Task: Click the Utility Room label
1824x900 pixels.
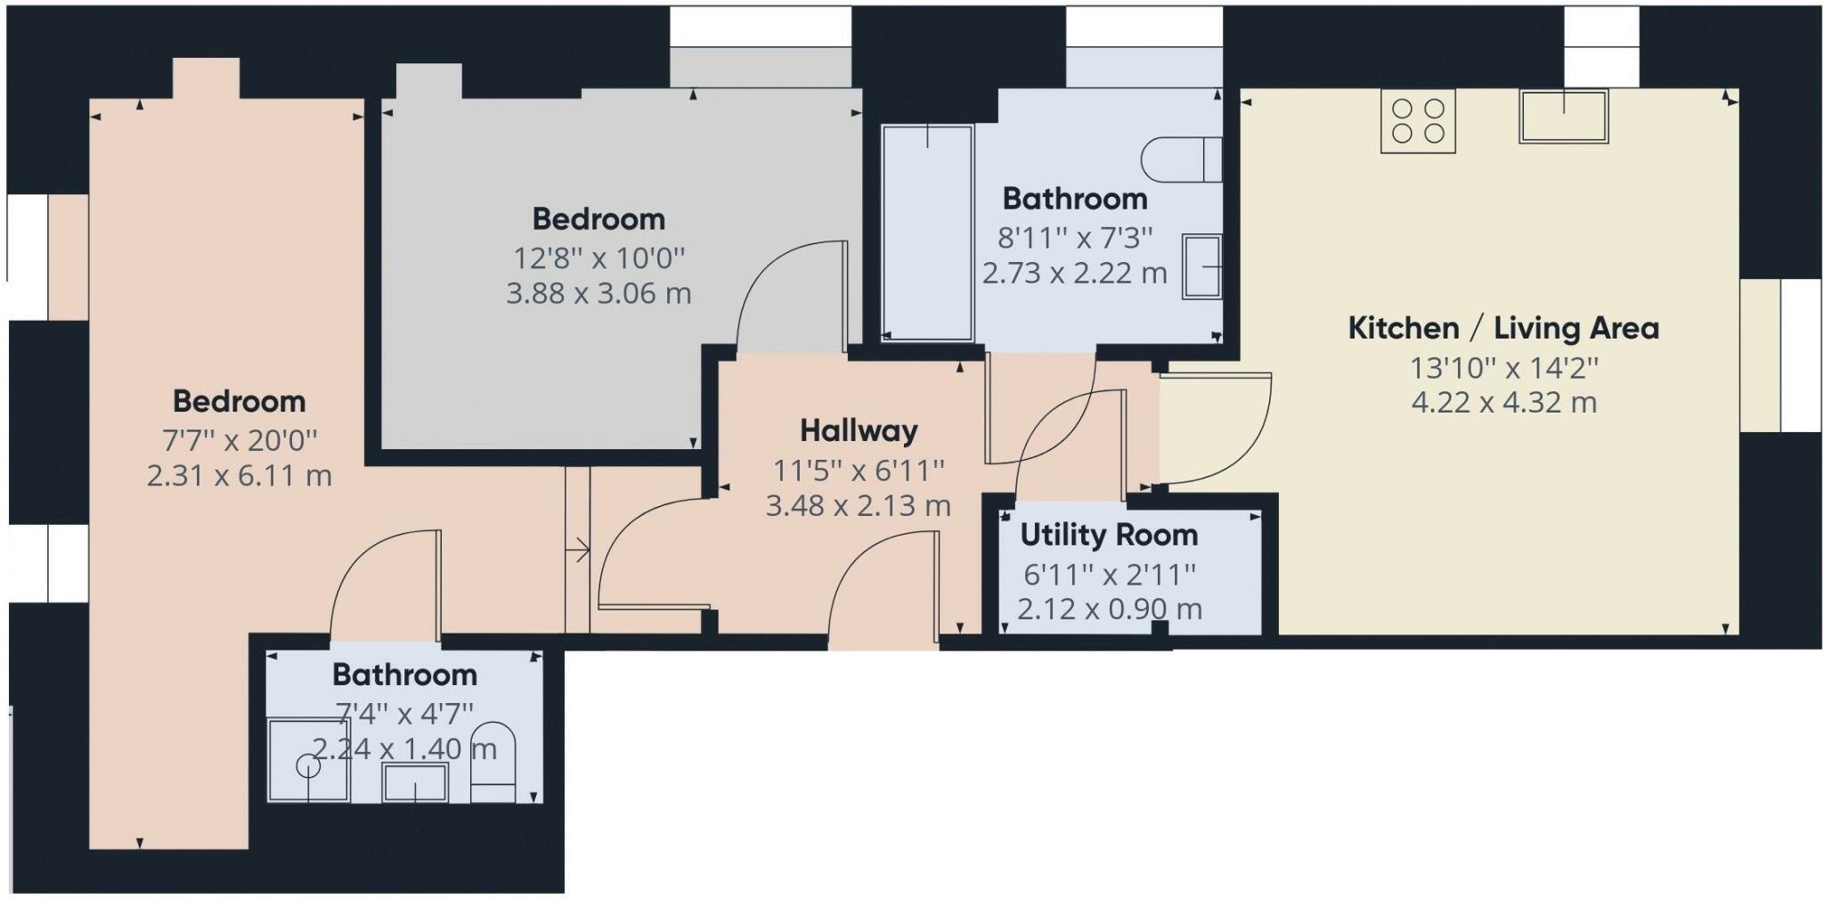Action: pyautogui.click(x=1109, y=536)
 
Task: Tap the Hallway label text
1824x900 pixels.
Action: pyautogui.click(x=859, y=431)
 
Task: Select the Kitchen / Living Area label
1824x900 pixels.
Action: pyautogui.click(x=1503, y=329)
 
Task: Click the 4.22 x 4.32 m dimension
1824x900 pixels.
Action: pyautogui.click(x=1503, y=403)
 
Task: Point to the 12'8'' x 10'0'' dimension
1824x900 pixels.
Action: pyautogui.click(x=598, y=258)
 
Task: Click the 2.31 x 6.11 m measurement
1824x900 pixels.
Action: pyautogui.click(x=239, y=476)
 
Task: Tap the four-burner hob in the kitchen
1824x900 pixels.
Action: pyautogui.click(x=1418, y=121)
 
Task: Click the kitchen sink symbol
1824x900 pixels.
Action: pyautogui.click(x=1563, y=117)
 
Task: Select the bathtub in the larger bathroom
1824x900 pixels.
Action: pyautogui.click(x=927, y=233)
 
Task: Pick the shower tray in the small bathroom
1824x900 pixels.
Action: pyautogui.click(x=308, y=760)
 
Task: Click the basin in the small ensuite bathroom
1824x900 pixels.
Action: pyautogui.click(x=414, y=782)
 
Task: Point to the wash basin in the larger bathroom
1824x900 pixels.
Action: pyautogui.click(x=1201, y=266)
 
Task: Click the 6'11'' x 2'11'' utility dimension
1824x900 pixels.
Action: pyautogui.click(x=1109, y=575)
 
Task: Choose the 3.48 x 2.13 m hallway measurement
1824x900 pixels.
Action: pyautogui.click(x=859, y=506)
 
